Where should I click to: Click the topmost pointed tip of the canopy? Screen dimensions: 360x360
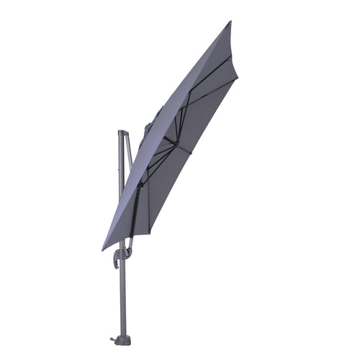point(230,22)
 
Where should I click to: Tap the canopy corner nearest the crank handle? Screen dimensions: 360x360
point(104,248)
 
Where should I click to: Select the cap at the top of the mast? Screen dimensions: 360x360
point(121,133)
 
